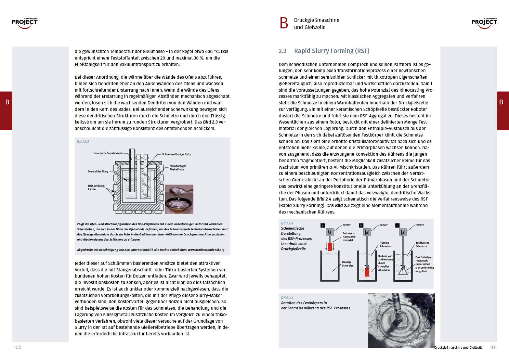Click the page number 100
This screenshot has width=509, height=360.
tap(17, 347)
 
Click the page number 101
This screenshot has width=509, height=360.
tap(493, 347)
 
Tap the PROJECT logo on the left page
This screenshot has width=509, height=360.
tap(25, 23)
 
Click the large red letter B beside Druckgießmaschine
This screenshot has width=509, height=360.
tap(284, 23)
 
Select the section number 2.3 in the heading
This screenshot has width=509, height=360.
tap(283, 51)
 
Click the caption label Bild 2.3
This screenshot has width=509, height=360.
tap(83, 141)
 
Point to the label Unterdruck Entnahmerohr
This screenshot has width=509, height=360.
tap(108, 153)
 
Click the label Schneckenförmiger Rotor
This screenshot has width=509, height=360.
tap(177, 154)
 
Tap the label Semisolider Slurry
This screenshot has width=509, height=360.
tap(98, 171)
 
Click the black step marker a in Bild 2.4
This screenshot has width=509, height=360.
tap(323, 225)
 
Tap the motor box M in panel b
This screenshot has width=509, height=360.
tap(367, 232)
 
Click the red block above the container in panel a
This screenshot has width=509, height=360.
tap(330, 246)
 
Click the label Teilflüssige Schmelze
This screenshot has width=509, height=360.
tap(422, 244)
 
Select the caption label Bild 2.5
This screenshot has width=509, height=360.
tap(287, 298)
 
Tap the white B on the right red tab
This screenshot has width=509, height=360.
tap(501, 102)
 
